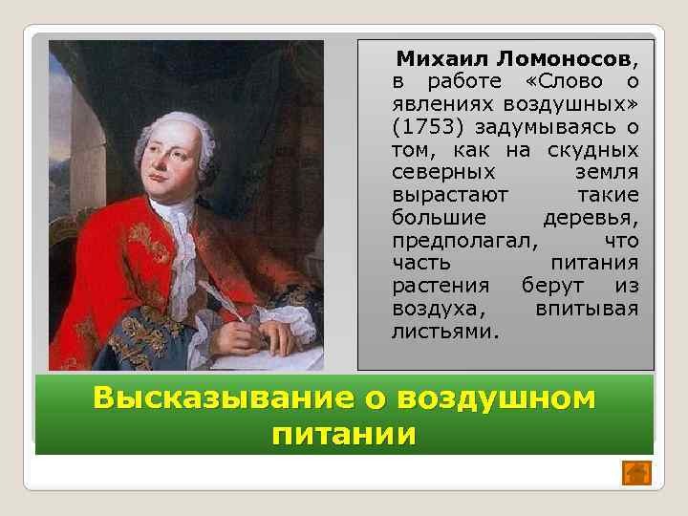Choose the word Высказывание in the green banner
(220, 398)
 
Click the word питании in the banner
(344, 435)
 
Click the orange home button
(636, 472)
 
